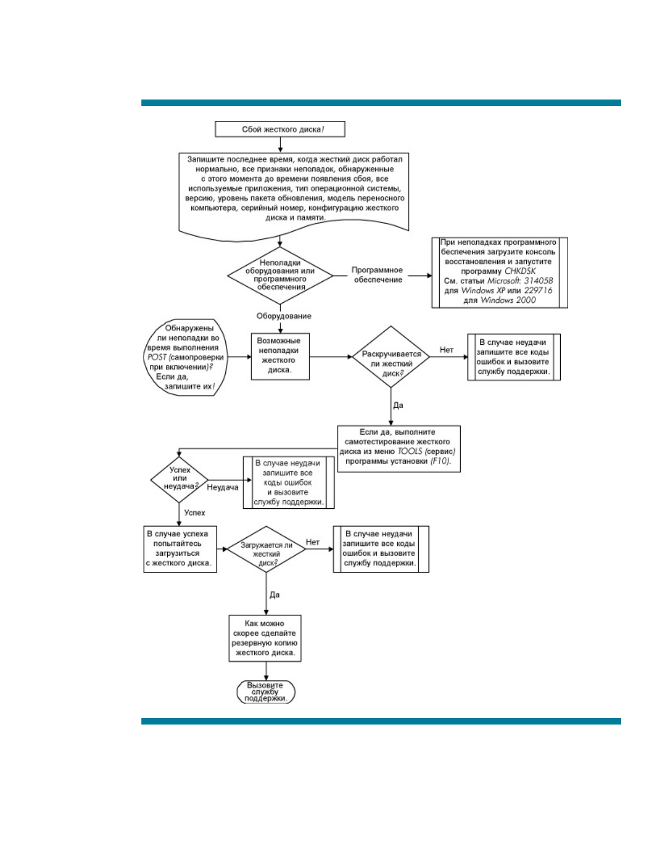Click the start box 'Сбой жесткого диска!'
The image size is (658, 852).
tap(280, 129)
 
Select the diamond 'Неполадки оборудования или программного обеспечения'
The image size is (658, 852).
tap(280, 275)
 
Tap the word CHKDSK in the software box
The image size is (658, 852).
tap(520, 271)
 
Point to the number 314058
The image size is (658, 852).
tap(538, 281)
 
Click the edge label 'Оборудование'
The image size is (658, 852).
tap(283, 316)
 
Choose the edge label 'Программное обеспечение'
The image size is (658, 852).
tap(377, 275)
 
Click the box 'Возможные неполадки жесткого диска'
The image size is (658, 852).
tap(280, 356)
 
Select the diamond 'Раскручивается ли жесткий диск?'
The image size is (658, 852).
tap(391, 357)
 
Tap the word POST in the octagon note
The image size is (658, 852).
tap(157, 357)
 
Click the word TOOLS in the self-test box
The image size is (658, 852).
tap(410, 451)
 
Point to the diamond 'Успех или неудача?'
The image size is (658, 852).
tap(179, 478)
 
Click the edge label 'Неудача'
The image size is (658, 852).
tap(223, 487)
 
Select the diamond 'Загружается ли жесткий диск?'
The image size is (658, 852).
tap(266, 550)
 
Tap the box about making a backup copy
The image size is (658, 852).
tap(264, 638)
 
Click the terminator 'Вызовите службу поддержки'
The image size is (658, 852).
tap(266, 692)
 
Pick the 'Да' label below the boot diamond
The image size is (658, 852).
tap(275, 595)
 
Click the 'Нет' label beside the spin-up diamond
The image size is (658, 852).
tap(446, 350)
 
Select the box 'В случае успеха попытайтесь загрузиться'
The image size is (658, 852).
tap(180, 549)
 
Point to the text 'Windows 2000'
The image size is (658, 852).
tap(508, 300)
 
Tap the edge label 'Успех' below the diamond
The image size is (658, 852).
tap(195, 513)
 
